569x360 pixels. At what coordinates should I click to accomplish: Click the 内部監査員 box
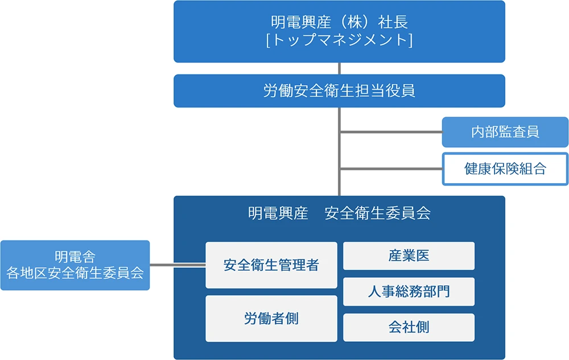[505, 132]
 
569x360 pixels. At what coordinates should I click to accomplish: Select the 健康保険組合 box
[505, 169]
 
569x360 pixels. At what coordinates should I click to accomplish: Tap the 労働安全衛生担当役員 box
[339, 91]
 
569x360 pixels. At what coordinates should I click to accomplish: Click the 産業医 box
[409, 256]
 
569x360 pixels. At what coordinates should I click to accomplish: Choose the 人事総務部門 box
[409, 292]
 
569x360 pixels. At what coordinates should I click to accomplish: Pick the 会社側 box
[409, 328]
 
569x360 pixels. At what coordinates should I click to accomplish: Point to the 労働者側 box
[271, 318]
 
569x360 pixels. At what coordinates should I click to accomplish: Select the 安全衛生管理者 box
[271, 265]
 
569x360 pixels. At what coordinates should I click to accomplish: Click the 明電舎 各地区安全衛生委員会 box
[75, 265]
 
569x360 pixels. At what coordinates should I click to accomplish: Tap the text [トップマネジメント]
[339, 40]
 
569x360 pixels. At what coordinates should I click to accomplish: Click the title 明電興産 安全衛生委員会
[339, 213]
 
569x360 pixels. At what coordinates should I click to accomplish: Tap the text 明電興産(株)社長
[339, 22]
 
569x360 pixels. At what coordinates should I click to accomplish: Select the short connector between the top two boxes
[340, 68]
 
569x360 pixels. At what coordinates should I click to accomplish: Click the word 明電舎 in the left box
[75, 257]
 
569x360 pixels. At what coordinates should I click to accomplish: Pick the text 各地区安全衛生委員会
[75, 273]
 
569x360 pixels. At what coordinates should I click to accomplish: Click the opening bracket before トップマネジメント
[268, 40]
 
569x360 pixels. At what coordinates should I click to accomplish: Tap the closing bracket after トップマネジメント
[410, 40]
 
